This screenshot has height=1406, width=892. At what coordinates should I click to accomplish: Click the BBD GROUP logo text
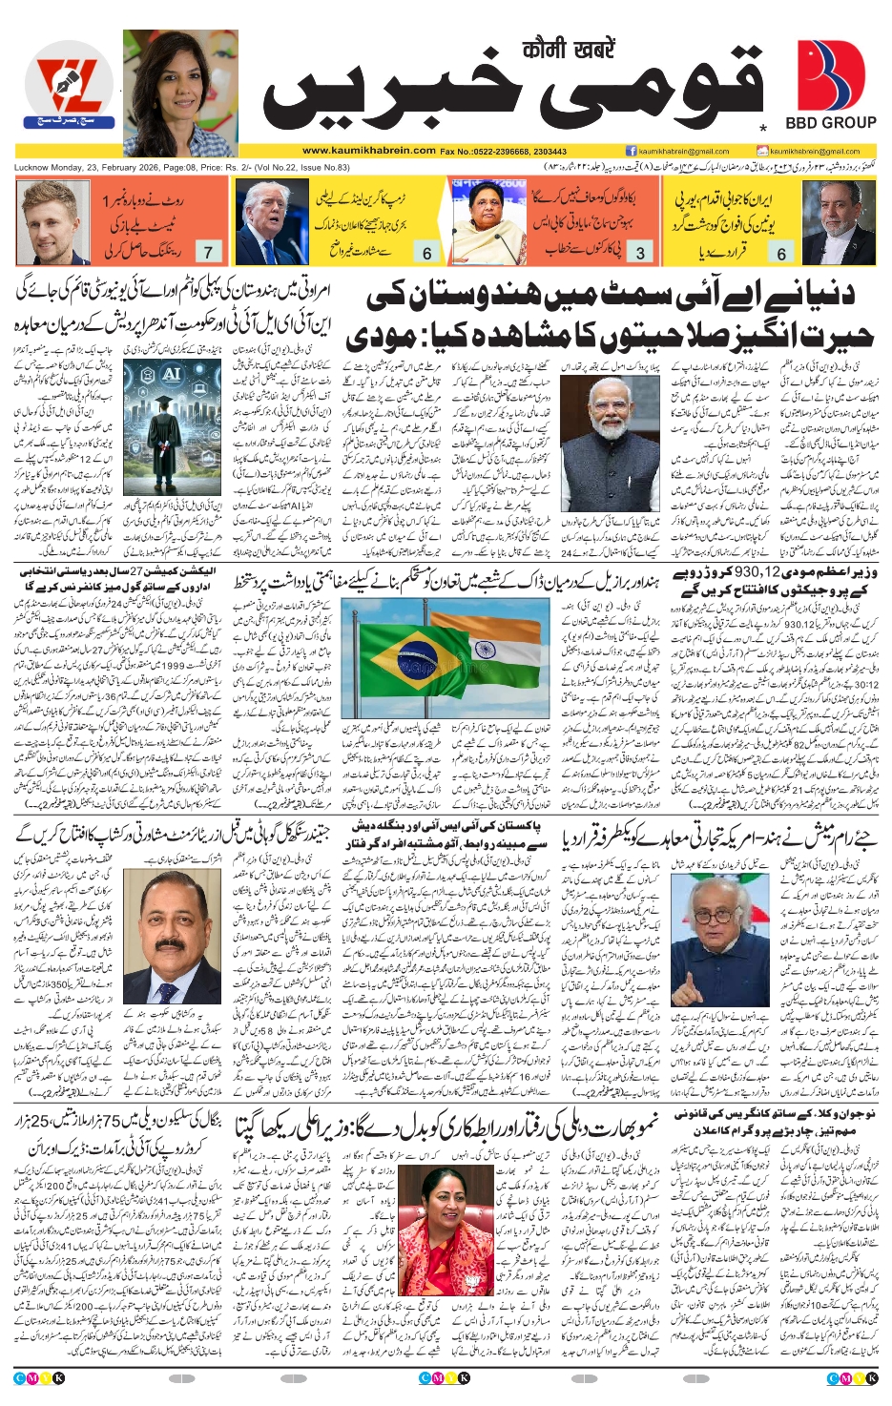(x=830, y=123)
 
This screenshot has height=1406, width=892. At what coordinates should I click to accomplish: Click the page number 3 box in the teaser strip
(x=640, y=253)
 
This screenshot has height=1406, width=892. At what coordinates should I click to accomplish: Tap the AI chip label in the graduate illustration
(x=172, y=374)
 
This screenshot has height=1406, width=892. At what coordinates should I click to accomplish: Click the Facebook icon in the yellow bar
(x=631, y=151)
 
